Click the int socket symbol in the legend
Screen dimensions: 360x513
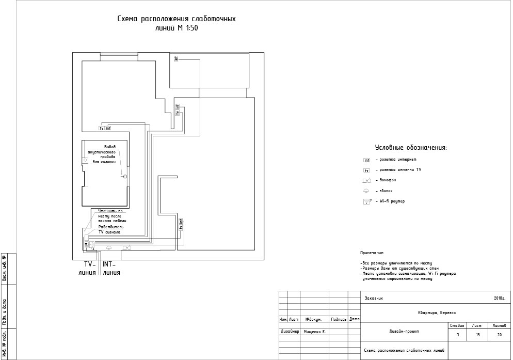click(366, 160)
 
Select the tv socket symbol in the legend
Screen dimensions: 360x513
click(366, 170)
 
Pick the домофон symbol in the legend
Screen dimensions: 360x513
click(367, 181)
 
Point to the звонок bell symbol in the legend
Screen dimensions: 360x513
click(366, 191)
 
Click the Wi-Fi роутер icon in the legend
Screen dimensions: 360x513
click(367, 201)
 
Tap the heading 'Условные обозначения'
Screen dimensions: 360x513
click(410, 148)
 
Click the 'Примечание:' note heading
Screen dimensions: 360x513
click(372, 253)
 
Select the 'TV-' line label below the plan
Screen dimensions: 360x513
click(91, 264)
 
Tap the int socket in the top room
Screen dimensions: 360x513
click(176, 59)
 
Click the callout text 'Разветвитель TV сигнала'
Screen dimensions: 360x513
click(109, 229)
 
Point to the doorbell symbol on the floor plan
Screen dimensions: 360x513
click(108, 248)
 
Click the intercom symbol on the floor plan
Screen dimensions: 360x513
click(127, 248)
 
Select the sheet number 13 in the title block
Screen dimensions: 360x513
click(477, 335)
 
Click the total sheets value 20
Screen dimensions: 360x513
click(500, 335)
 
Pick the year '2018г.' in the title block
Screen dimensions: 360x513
click(499, 298)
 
